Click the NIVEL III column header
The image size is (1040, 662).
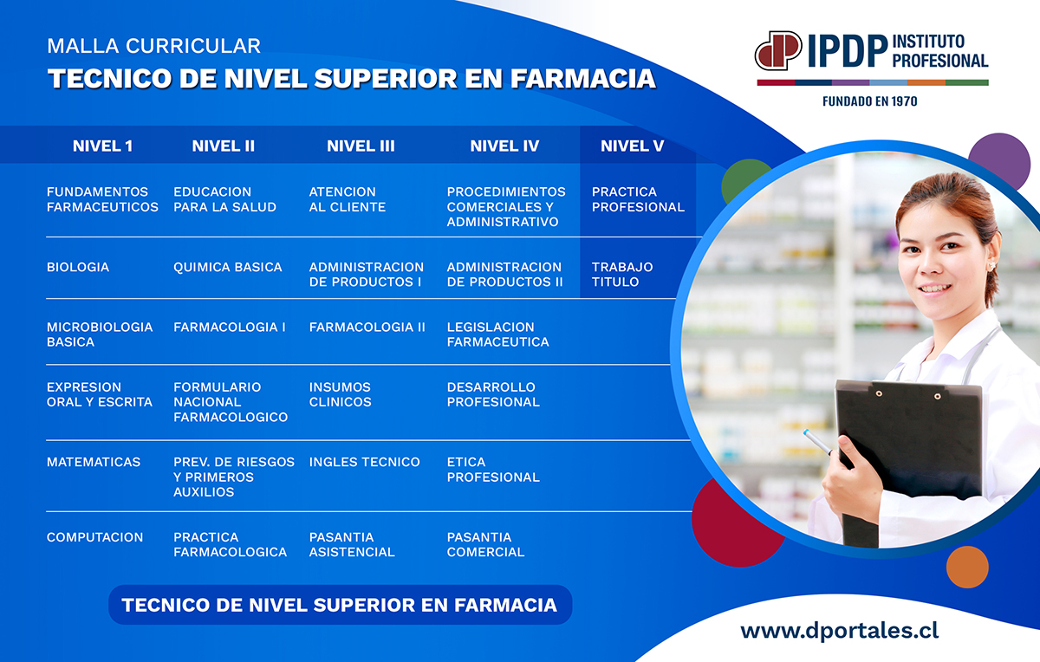coord(361,146)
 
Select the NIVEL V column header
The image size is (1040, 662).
coord(632,146)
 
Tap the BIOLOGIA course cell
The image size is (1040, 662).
coord(78,267)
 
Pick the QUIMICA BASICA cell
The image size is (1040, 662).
coord(227,267)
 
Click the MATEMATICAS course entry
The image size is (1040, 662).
coord(94,462)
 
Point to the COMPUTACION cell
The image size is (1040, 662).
coord(94,537)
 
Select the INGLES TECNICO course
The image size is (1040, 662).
coord(365,462)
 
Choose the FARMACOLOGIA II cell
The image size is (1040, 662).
coord(367,327)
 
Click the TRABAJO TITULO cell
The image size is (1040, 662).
coord(622,275)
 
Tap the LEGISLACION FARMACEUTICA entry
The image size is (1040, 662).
coord(497,334)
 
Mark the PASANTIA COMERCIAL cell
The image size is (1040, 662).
coord(485,544)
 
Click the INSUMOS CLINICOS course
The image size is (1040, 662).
coord(341,394)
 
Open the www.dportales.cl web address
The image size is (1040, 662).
coord(840,631)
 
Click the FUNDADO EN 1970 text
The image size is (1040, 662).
coord(869,101)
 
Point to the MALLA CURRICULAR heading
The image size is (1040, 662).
coord(153,46)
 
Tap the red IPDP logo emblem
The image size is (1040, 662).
coord(778,50)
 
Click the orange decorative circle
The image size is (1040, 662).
coord(967,567)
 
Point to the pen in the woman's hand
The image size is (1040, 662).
coord(818,442)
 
